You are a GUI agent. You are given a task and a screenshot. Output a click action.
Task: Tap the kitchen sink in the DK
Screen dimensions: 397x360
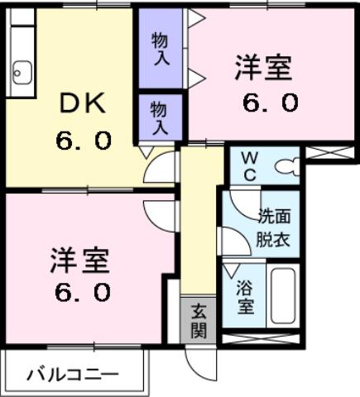pyautogui.click(x=21, y=73)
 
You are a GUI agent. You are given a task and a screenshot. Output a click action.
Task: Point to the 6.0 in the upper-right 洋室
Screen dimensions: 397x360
pyautogui.click(x=263, y=103)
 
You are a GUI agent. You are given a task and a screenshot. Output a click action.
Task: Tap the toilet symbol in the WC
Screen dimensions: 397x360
pyautogui.click(x=286, y=166)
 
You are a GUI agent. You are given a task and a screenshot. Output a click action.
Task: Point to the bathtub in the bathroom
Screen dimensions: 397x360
pyautogui.click(x=284, y=296)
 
